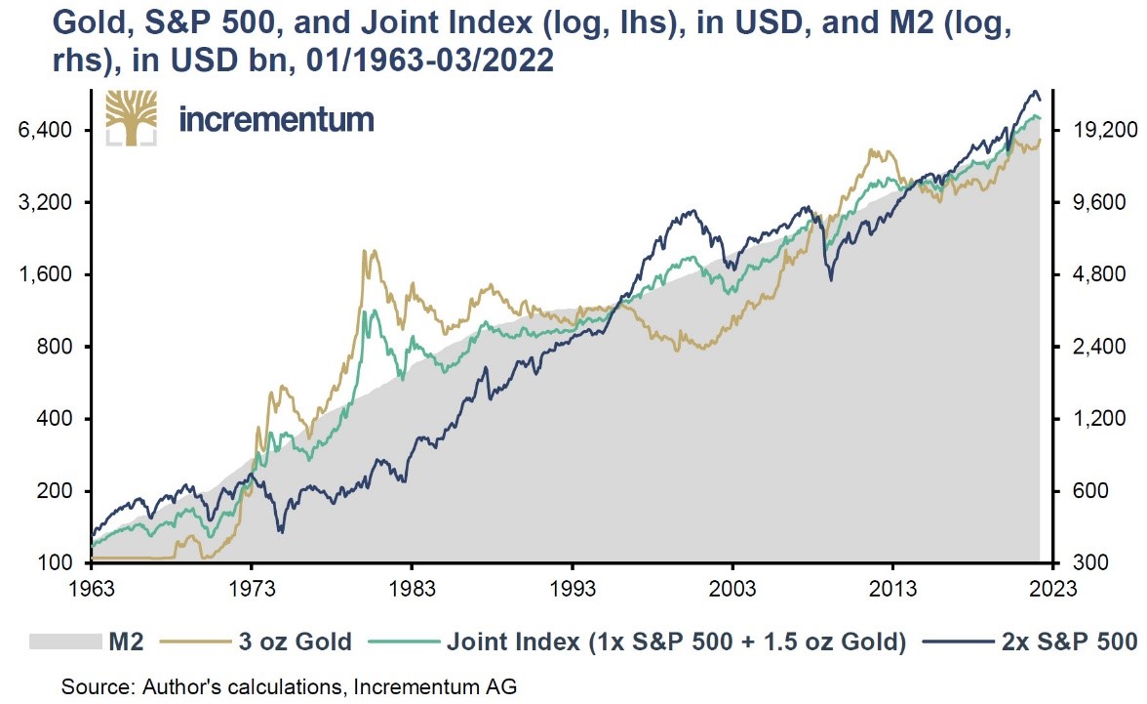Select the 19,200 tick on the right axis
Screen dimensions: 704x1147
pos(1097,131)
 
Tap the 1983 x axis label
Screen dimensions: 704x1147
pos(412,589)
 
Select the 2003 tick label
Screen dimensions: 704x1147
pos(732,589)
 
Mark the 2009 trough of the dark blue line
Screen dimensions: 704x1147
pos(831,280)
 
